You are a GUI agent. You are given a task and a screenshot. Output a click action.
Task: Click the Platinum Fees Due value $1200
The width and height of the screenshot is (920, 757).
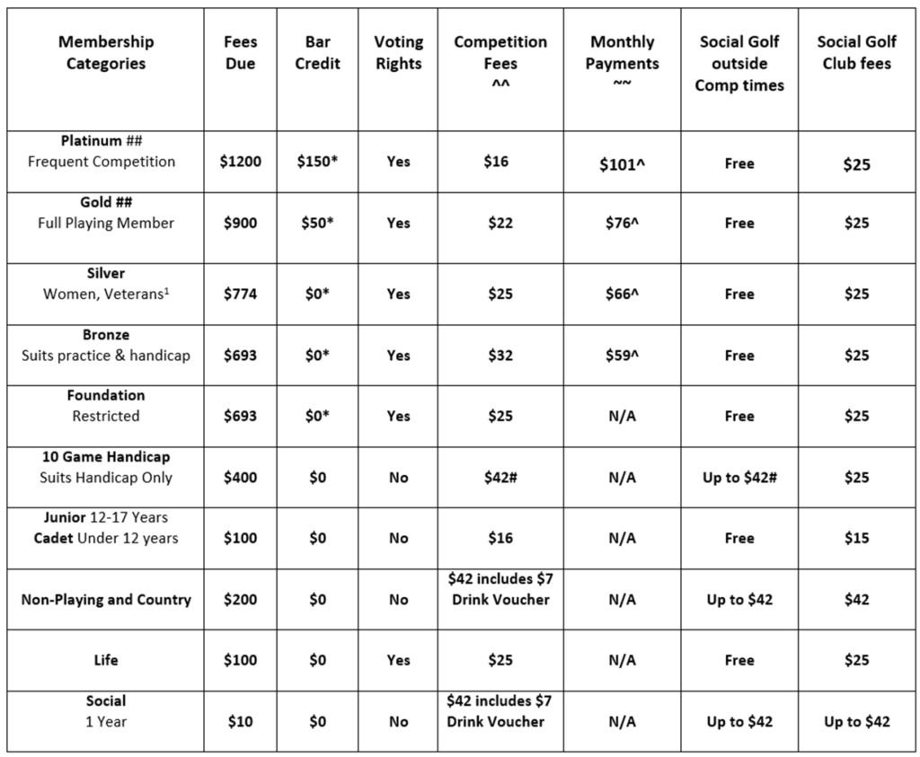[241, 163]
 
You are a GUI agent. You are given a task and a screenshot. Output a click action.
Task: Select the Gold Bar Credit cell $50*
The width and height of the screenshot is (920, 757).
[318, 223]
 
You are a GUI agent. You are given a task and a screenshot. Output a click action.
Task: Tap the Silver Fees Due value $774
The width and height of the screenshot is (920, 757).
[241, 294]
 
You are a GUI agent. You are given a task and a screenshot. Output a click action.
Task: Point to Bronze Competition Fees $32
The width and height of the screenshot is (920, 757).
[500, 355]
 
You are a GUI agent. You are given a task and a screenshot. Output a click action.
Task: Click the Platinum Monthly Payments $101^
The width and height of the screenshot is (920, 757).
[623, 163]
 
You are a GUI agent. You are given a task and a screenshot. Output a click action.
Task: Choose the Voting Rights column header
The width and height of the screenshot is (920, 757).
[398, 53]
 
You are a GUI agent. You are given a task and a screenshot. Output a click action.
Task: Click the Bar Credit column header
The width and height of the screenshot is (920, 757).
[318, 53]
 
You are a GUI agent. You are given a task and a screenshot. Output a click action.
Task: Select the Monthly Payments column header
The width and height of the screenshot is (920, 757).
[623, 53]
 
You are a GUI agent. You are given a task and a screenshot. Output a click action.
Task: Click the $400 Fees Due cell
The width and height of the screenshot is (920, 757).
[241, 477]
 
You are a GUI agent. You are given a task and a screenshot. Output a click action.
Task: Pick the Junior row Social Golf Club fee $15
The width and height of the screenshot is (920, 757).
[856, 538]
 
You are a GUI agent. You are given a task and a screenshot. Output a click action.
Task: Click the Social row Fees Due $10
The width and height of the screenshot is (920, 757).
[241, 721]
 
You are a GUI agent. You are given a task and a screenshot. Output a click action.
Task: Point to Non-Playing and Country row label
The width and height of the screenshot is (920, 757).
[106, 599]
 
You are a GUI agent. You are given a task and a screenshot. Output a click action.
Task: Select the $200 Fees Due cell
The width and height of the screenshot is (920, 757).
[241, 599]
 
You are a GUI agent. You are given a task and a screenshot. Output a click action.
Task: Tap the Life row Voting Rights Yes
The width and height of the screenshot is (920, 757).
[398, 660]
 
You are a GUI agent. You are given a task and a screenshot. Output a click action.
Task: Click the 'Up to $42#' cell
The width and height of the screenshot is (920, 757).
[739, 477]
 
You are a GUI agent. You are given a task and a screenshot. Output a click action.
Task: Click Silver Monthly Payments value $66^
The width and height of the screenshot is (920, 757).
[623, 294]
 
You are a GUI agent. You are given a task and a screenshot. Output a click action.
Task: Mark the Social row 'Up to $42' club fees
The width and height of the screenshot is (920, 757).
[856, 721]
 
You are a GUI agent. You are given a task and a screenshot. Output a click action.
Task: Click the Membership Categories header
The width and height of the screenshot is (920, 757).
[105, 53]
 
